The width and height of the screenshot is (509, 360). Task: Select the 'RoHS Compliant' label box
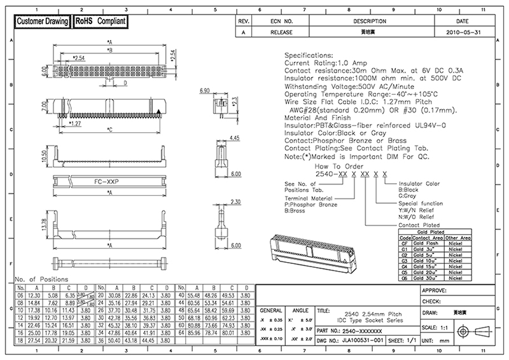101,22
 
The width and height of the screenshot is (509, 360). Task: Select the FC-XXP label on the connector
109,181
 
